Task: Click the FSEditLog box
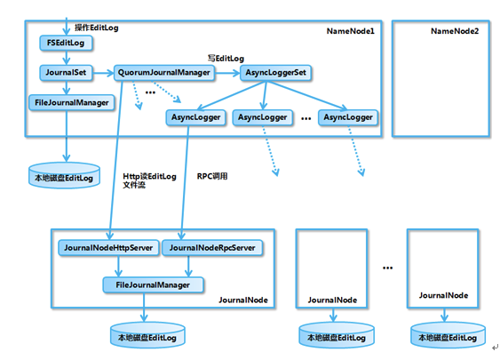point(66,43)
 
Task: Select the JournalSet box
point(66,71)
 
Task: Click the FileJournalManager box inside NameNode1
point(71,102)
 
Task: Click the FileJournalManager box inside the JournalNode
point(153,284)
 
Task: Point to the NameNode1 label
point(352,31)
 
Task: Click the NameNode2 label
point(454,31)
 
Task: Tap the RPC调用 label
point(212,176)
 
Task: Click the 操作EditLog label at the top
point(97,28)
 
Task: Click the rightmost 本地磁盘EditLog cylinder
point(448,335)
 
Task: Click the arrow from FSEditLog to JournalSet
point(66,57)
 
